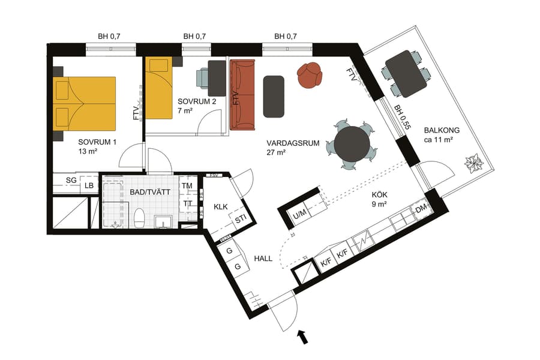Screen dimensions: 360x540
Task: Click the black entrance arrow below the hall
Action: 303,337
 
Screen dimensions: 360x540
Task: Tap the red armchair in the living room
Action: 310,75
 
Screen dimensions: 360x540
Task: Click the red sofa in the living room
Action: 242,95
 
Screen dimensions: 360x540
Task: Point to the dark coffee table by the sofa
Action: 274,96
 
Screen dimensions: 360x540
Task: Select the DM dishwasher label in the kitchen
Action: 421,209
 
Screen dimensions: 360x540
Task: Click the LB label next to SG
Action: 89,186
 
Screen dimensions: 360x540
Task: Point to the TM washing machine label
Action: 187,187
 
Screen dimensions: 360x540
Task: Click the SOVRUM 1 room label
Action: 97,142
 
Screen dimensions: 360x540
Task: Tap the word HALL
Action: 263,259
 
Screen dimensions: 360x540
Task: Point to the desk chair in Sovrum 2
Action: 203,77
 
